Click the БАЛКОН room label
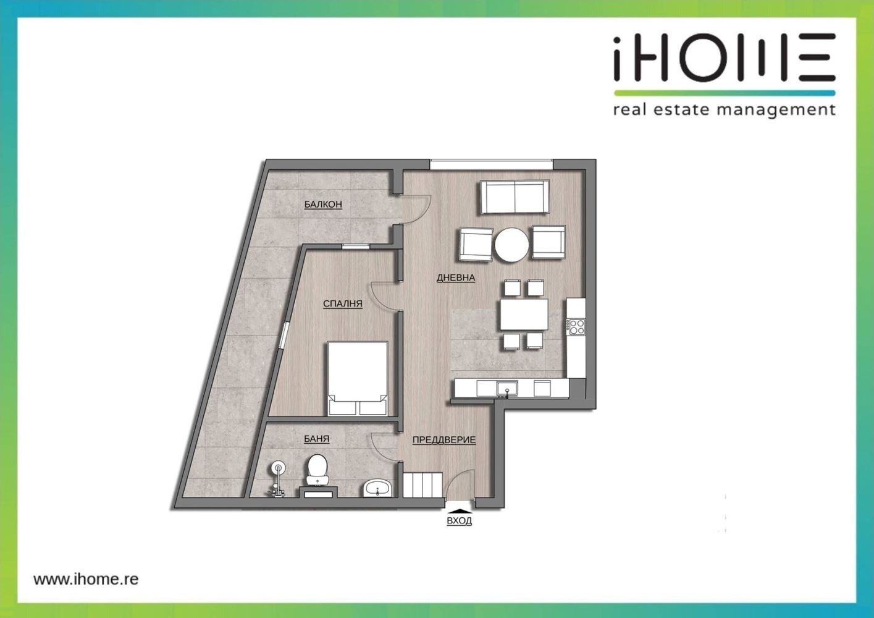point(323,204)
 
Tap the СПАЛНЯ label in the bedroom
point(343,303)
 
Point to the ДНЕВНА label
point(456,277)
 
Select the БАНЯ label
point(316,439)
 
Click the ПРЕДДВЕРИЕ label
point(444,440)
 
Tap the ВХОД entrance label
point(460,521)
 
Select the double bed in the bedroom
point(358,379)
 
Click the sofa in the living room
point(515,197)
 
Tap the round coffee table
point(511,245)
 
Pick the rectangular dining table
point(524,315)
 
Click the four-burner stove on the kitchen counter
point(576,327)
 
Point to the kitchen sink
point(507,389)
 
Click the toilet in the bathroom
point(317,470)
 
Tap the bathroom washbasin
point(377,488)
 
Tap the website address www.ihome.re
point(86,578)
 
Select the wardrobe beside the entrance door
point(422,485)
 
